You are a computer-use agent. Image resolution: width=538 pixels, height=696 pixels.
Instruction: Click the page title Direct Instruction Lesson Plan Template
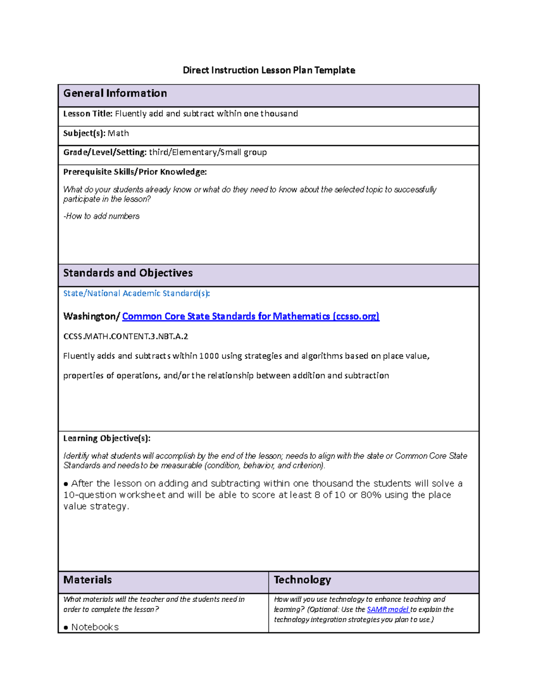coord(269,70)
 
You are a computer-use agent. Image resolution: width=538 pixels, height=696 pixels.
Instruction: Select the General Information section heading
coord(115,93)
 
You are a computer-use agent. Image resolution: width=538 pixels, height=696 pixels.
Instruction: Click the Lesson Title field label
coord(87,114)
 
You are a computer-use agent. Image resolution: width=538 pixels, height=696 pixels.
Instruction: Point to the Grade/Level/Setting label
coord(104,152)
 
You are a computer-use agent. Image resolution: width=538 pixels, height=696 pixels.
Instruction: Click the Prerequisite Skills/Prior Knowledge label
coord(134,172)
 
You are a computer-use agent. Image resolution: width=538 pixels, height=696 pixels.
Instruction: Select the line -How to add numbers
coord(101,216)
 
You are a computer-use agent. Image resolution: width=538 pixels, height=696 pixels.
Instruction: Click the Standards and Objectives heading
coord(128,273)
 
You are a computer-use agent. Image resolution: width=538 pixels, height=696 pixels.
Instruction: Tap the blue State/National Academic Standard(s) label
coord(136,294)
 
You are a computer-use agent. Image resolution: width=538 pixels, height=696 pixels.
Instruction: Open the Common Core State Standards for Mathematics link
coord(251,316)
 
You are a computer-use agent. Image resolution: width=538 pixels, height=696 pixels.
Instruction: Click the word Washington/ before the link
coord(91,316)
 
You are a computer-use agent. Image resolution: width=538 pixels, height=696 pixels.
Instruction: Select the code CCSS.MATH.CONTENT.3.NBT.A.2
coord(126,337)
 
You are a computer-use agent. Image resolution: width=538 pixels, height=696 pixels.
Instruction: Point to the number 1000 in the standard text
coord(209,356)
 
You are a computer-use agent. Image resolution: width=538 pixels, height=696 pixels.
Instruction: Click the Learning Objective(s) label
coord(107,438)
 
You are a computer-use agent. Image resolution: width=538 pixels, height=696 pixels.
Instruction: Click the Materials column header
coord(87,580)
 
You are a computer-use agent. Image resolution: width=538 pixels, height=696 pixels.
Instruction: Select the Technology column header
coord(302,580)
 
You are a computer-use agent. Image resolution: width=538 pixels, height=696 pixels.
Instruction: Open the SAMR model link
coord(387,610)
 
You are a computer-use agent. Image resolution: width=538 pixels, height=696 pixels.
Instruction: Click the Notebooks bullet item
coord(95,627)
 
